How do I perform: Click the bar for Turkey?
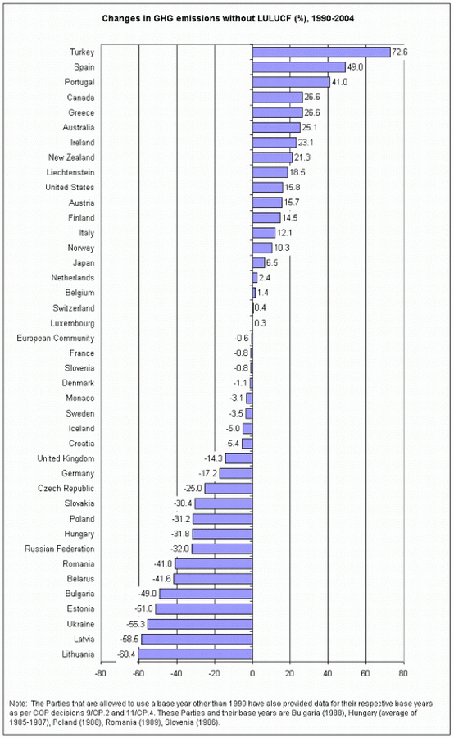coord(321,52)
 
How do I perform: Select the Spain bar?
coord(299,67)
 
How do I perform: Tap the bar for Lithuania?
coord(195,654)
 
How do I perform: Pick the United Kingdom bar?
coord(239,458)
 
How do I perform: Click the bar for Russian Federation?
coord(222,549)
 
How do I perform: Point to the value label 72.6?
coord(399,52)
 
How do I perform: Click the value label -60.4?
coord(126,654)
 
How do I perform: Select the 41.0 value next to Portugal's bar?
coord(339,82)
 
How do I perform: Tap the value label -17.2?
coord(208,473)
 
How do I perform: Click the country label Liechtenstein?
coord(70,172)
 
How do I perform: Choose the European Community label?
coord(56,338)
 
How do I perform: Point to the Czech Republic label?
coord(66,489)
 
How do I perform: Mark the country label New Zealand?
coord(71,157)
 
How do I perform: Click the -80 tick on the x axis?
coord(101,673)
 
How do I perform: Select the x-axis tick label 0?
coord(252,673)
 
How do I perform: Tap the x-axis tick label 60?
coord(365,673)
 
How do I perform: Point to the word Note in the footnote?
coord(18,704)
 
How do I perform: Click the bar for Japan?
coord(259,262)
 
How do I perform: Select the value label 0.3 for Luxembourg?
coord(260,323)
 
